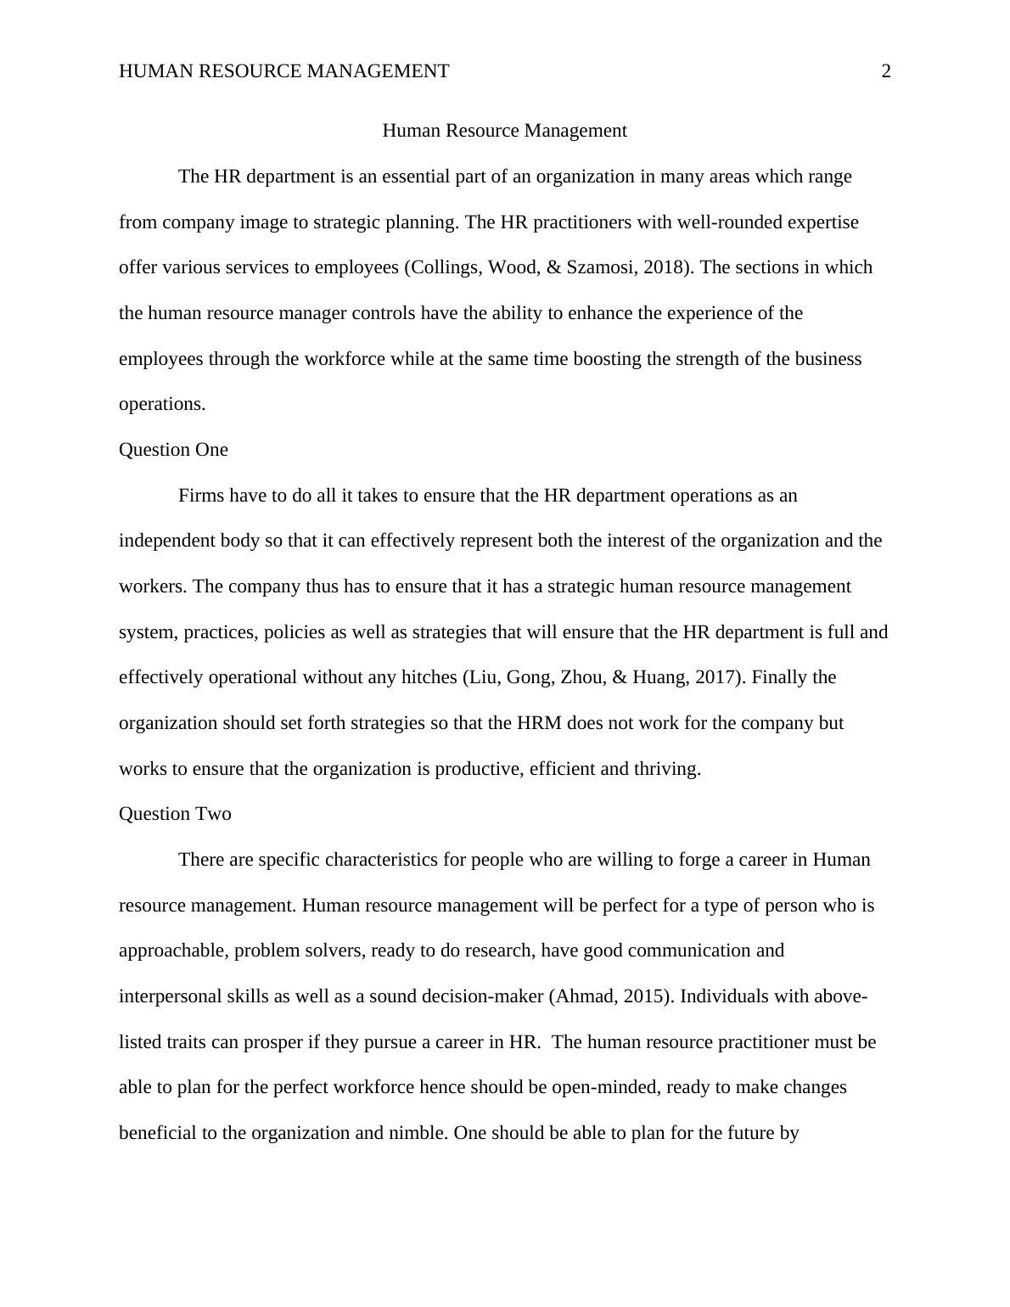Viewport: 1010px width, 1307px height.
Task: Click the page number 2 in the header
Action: coord(886,71)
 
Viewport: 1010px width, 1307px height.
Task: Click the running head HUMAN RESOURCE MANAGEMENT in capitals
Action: coord(283,71)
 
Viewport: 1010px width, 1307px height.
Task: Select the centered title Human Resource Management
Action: coord(504,131)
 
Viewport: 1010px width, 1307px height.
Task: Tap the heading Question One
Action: coord(173,450)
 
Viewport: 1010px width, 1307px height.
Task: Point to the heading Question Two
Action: coord(175,814)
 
